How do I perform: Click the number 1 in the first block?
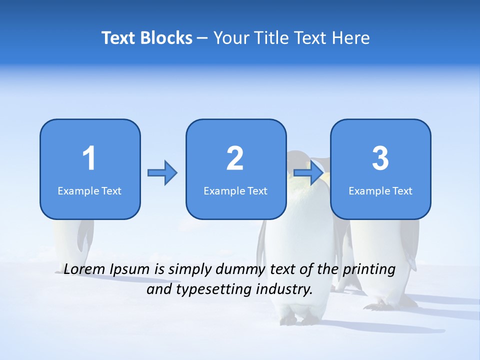tap(89, 158)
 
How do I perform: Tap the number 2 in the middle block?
tap(235, 158)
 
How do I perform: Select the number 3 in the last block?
tap(380, 158)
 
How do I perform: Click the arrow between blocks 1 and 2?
tap(162, 173)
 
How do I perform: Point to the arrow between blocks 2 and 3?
tap(308, 173)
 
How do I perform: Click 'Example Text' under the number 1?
tap(89, 190)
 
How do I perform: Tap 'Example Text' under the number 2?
tap(235, 190)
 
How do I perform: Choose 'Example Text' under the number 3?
tap(380, 190)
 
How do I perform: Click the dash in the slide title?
tap(202, 38)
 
